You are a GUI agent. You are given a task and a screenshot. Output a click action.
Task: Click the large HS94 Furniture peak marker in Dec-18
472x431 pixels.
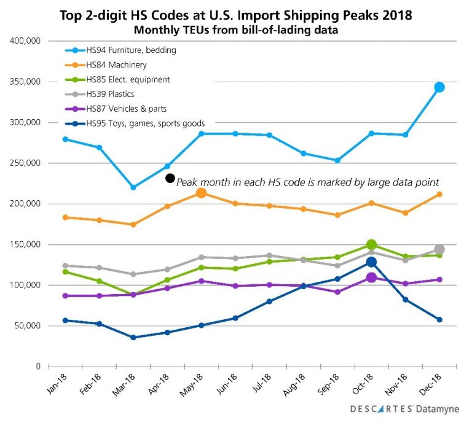439,87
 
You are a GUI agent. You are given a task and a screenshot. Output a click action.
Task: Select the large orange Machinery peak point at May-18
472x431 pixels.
200,193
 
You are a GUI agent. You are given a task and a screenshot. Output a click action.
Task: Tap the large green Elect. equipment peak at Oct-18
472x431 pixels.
371,245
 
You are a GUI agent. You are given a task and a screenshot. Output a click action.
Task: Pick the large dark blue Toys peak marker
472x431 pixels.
371,262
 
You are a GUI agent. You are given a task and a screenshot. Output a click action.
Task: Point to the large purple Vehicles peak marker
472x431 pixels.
371,278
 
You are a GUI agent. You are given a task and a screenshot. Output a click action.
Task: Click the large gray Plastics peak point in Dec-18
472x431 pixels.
439,249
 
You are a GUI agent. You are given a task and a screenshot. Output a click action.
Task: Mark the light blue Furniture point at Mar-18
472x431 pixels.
133,187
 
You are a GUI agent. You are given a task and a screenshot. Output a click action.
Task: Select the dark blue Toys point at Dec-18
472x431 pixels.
439,320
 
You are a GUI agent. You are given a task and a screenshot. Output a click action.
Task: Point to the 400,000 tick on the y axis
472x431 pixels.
25,41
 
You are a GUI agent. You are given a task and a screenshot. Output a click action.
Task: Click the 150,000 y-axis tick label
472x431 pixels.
25,244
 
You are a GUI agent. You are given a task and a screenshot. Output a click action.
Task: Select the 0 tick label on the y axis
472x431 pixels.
37,367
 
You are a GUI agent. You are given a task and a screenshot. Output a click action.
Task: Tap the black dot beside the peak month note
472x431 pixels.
170,178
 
